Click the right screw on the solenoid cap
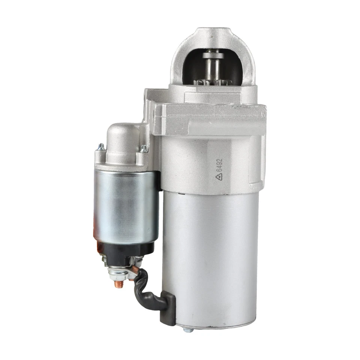144,148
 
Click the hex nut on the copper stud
117,275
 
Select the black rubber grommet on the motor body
168,307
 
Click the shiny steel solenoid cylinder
126,206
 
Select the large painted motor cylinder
210,259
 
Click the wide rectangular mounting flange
210,119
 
